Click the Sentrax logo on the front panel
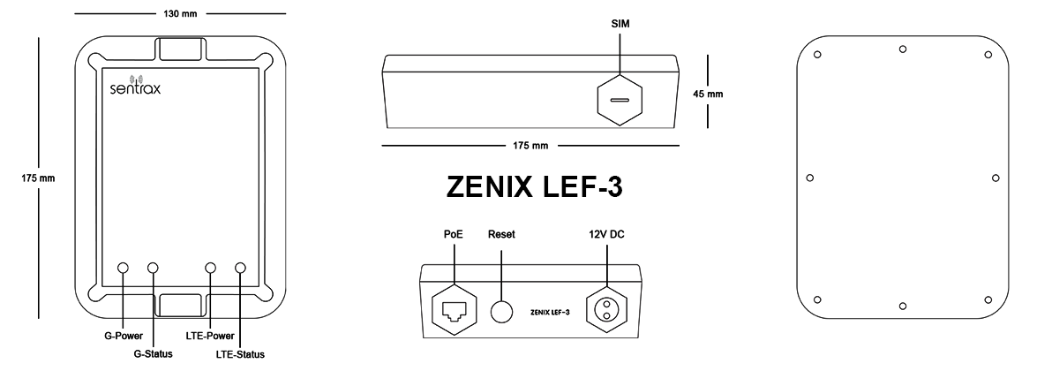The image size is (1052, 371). coord(134,86)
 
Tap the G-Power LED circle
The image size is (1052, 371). coord(123,268)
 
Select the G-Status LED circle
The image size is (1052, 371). coord(153,268)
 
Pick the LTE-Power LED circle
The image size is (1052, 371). coord(211,268)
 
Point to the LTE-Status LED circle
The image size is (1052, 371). coord(240,268)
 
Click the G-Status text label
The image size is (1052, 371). coord(153,355)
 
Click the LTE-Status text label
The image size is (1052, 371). coord(240,355)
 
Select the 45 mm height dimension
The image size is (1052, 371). coord(708,94)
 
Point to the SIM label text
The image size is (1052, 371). coord(620,23)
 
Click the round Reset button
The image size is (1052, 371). coord(501,311)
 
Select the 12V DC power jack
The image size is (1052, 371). coord(607,308)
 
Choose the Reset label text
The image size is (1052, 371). coord(501,235)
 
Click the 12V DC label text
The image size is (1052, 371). coord(607,235)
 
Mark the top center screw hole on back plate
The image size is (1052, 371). coord(902,49)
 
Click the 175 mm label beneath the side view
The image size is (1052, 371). coord(530,144)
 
